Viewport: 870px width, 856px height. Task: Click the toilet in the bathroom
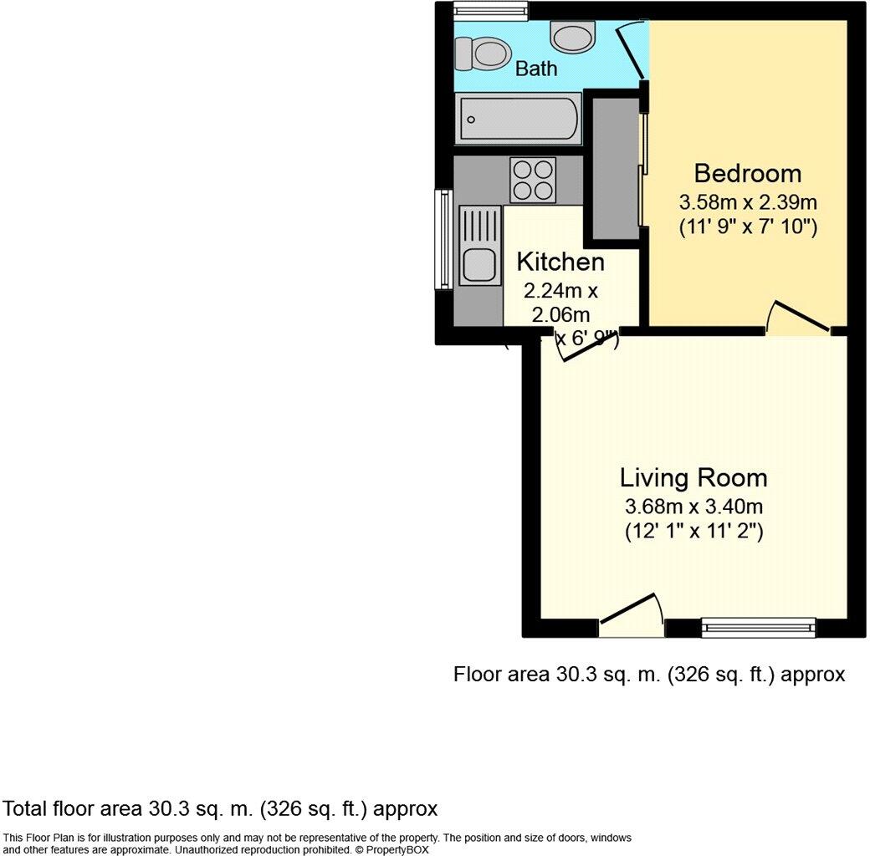click(x=484, y=55)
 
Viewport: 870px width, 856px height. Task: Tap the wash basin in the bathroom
click(x=572, y=37)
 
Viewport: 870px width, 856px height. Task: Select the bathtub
click(x=519, y=120)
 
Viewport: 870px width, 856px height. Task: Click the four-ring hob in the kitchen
click(x=534, y=179)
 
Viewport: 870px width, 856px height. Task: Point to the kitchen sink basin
click(x=478, y=264)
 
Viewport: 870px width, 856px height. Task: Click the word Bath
click(x=536, y=69)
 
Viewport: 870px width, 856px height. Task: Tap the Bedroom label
click(x=748, y=174)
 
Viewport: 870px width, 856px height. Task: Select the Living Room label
click(x=693, y=478)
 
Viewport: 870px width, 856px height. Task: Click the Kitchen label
click(x=560, y=262)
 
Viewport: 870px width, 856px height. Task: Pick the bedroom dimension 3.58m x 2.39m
click(x=748, y=202)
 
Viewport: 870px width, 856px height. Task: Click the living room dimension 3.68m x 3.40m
click(x=693, y=507)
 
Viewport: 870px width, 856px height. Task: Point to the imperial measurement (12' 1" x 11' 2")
click(x=693, y=531)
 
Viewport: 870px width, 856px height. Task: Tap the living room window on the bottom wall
click(x=758, y=626)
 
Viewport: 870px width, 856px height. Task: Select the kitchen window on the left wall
click(x=443, y=240)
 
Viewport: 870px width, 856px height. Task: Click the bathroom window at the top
click(x=490, y=9)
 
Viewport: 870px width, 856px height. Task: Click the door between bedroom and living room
click(x=799, y=322)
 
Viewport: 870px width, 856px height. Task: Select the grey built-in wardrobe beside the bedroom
click(x=612, y=166)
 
